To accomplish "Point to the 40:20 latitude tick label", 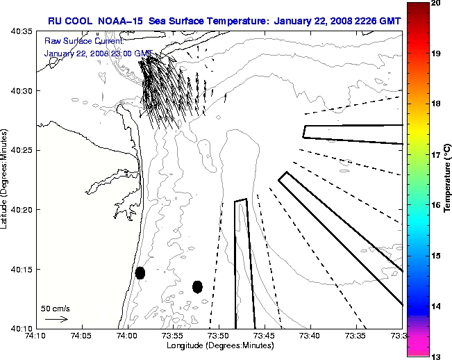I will [x=22, y=210].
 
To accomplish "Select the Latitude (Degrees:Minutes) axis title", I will [x=6, y=179].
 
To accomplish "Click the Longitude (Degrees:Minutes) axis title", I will [x=219, y=346].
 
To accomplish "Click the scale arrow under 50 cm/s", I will [x=56, y=319].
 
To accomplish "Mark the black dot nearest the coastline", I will [x=140, y=272].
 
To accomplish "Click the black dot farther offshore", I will [x=197, y=286].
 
